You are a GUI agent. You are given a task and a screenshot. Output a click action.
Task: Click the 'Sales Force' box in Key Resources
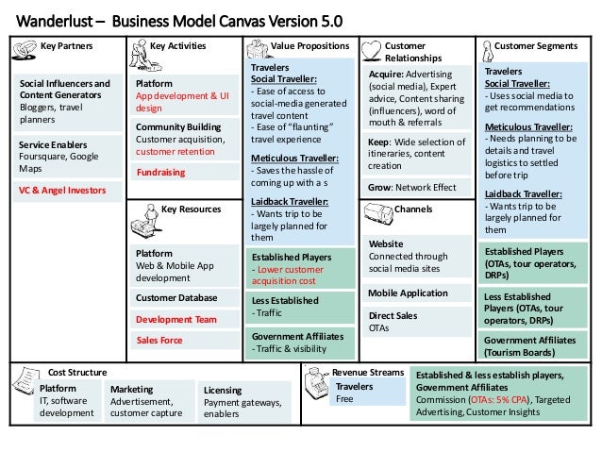159,340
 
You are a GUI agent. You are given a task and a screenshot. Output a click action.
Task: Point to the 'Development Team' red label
176,319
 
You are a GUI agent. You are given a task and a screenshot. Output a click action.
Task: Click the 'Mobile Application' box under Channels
408,293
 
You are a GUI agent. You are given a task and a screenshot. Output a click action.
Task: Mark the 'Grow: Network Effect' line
411,187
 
